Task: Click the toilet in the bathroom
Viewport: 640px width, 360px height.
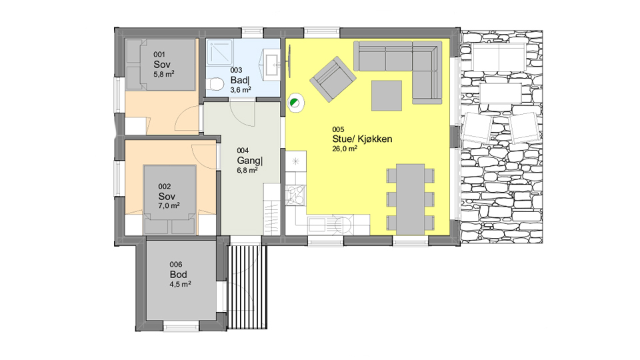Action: [215, 85]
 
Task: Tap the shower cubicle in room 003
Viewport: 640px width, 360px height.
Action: [219, 52]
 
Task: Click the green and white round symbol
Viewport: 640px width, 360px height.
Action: [295, 103]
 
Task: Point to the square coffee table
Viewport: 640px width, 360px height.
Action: [387, 95]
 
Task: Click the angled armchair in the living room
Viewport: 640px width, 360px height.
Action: [333, 79]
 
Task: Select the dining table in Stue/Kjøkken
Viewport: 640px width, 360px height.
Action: [410, 199]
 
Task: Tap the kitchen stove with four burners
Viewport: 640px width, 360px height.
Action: [295, 195]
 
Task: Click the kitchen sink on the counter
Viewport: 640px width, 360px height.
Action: [317, 225]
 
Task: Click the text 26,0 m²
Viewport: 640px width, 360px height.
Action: [345, 149]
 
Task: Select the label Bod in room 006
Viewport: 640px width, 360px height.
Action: [179, 274]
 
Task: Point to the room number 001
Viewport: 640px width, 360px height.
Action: [159, 54]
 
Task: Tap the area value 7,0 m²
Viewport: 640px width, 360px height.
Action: [169, 206]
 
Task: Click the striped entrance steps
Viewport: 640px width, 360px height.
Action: [247, 287]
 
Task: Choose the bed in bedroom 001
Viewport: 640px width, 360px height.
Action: [161, 65]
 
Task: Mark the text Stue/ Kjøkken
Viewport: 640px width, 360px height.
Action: [362, 139]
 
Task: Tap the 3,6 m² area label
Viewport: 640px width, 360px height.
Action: [241, 90]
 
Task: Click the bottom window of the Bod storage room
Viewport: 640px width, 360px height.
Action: [181, 326]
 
